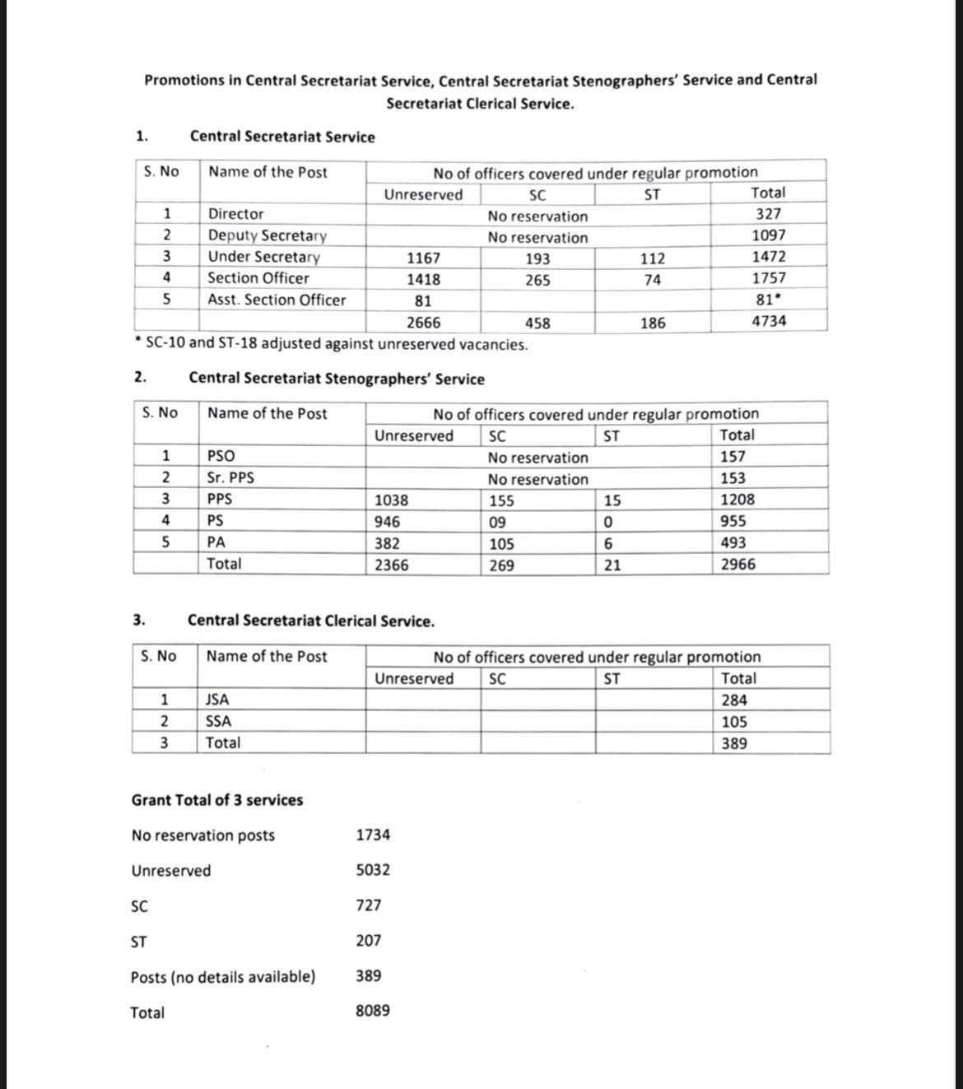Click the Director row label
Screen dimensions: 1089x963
pyautogui.click(x=235, y=214)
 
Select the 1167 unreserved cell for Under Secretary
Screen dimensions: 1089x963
pyautogui.click(x=423, y=258)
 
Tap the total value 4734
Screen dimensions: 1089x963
pyautogui.click(x=769, y=321)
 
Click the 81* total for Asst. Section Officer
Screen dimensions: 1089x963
pyautogui.click(x=770, y=300)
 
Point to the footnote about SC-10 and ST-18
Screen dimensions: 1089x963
pyautogui.click(x=333, y=344)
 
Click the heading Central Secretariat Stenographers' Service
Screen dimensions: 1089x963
pyautogui.click(x=337, y=379)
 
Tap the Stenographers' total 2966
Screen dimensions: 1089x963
pyautogui.click(x=737, y=565)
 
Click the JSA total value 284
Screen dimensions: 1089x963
pyautogui.click(x=734, y=700)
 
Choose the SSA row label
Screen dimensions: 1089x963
pyautogui.click(x=218, y=722)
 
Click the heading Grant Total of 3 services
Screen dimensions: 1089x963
pyautogui.click(x=217, y=800)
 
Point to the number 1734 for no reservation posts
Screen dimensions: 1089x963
pyautogui.click(x=373, y=835)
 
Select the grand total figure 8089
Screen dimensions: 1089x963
pyautogui.click(x=373, y=1011)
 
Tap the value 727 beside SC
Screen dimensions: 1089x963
pyautogui.click(x=369, y=905)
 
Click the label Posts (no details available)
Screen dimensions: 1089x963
pyautogui.click(x=223, y=977)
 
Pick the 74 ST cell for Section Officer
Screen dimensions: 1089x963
pyautogui.click(x=652, y=280)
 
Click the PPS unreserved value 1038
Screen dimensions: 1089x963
pyautogui.click(x=391, y=500)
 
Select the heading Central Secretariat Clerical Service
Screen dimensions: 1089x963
pyautogui.click(x=311, y=621)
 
